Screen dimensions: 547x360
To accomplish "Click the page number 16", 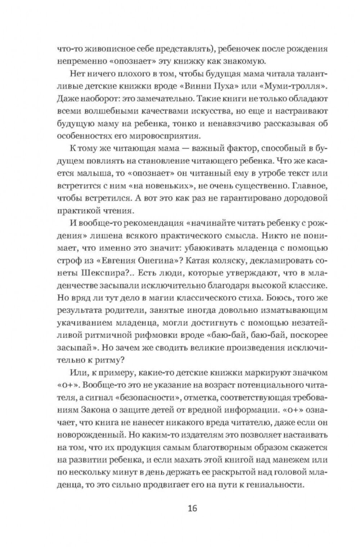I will [x=192, y=509].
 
